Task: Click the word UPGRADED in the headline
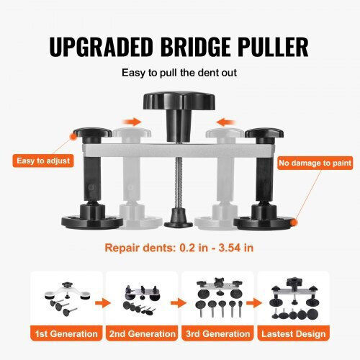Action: click(x=101, y=47)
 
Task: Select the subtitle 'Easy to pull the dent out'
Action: click(x=179, y=73)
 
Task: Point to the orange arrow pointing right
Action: click(x=132, y=122)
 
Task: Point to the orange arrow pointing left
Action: click(x=225, y=122)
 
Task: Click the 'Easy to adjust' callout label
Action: click(x=43, y=161)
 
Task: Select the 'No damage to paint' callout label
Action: click(x=315, y=163)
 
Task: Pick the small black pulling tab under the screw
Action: click(x=179, y=218)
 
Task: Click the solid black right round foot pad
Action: click(x=264, y=221)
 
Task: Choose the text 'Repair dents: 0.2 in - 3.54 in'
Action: click(x=179, y=248)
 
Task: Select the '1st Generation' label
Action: click(x=66, y=333)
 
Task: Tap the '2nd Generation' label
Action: click(x=143, y=333)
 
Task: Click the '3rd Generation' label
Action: click(x=218, y=333)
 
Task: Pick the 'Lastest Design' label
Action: click(x=294, y=333)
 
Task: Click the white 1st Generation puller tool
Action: click(x=68, y=292)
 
